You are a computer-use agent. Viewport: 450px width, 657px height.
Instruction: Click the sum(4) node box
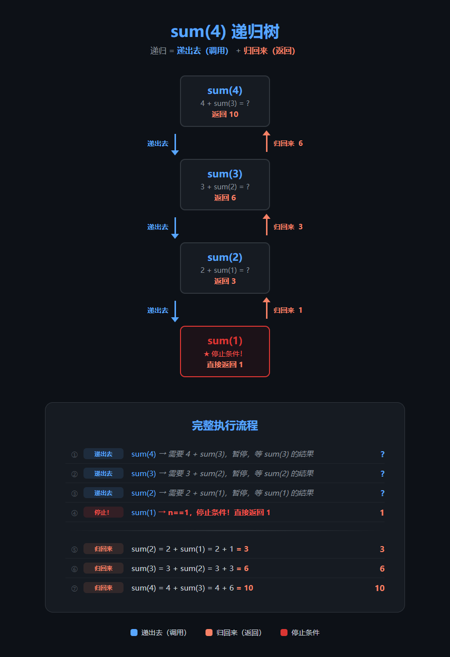[225, 101]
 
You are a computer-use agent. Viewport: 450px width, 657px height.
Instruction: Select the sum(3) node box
[225, 184]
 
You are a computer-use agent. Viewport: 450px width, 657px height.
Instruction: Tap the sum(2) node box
[225, 268]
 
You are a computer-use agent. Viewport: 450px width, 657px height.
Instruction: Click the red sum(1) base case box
[225, 351]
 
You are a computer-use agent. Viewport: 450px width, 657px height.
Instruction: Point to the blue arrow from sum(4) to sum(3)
[175, 144]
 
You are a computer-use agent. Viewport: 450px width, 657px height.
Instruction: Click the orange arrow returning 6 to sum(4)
[266, 141]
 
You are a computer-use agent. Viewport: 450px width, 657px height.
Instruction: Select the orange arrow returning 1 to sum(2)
[266, 308]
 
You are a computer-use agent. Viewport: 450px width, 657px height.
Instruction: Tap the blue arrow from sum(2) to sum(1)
[175, 311]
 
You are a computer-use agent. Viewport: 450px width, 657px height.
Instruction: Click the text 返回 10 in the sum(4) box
[225, 114]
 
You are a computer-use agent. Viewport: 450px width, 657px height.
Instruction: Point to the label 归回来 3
[288, 227]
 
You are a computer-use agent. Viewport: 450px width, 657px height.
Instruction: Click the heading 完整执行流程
[225, 426]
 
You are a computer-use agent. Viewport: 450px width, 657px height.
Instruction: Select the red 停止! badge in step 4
[103, 512]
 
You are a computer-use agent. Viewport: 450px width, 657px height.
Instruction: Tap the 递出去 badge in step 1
[103, 454]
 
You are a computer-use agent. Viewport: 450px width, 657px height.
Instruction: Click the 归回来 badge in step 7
[103, 588]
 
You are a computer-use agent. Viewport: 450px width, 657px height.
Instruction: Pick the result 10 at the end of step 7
[379, 588]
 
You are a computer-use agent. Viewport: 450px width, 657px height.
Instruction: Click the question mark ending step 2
[382, 474]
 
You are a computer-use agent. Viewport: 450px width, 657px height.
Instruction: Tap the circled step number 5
[74, 550]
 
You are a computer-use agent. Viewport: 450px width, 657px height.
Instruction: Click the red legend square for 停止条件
[284, 633]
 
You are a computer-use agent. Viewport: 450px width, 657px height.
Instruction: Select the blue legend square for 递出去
[134, 633]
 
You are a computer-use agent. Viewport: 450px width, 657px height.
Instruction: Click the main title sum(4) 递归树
[225, 31]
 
